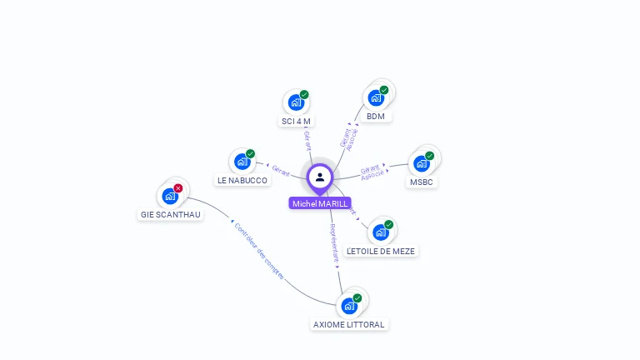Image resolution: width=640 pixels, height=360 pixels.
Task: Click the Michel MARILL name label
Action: pos(320,203)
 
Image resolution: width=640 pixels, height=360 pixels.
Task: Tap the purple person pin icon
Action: pos(320,177)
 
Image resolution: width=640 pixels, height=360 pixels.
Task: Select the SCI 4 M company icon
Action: pos(295,102)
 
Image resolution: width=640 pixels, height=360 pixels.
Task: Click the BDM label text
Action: pos(376,117)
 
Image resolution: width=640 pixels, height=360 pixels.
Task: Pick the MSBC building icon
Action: pos(421,163)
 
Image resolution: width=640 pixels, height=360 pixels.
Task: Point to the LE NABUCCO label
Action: pos(242,180)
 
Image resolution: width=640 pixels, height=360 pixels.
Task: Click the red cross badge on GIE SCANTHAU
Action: pos(178,188)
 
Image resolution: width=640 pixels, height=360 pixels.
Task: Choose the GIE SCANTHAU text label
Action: pos(170,214)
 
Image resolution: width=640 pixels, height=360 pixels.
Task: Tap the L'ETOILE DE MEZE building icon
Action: pos(380,232)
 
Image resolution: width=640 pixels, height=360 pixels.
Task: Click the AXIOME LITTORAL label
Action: pos(349,324)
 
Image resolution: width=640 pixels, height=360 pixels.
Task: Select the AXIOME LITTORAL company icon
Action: pos(348,306)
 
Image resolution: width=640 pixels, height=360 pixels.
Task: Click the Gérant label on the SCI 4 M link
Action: pos(307,141)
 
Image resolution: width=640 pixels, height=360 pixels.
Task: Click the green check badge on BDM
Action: pos(384,90)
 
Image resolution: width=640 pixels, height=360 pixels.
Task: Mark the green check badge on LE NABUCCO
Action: pos(250,153)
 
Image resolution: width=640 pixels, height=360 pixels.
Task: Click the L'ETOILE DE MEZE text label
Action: pos(380,251)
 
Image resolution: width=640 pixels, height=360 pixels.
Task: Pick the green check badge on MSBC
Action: pos(430,155)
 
